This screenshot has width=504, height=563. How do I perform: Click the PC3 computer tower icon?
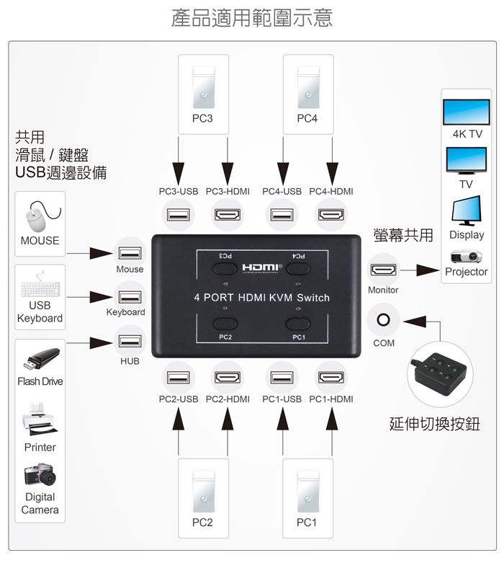point(203,84)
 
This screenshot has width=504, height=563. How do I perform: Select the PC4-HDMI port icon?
point(331,214)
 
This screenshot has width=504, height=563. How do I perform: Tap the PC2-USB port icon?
point(178,376)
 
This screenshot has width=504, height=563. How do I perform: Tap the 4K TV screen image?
point(466,112)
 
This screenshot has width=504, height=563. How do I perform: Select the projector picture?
point(466,256)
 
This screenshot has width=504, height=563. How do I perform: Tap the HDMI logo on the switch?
point(263,267)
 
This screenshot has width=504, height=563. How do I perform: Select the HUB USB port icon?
point(130,340)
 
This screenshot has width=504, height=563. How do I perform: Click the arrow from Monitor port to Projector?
point(419,271)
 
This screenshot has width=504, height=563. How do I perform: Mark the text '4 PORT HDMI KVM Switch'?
point(262,298)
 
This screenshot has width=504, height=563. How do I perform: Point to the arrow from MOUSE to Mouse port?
point(88,254)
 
